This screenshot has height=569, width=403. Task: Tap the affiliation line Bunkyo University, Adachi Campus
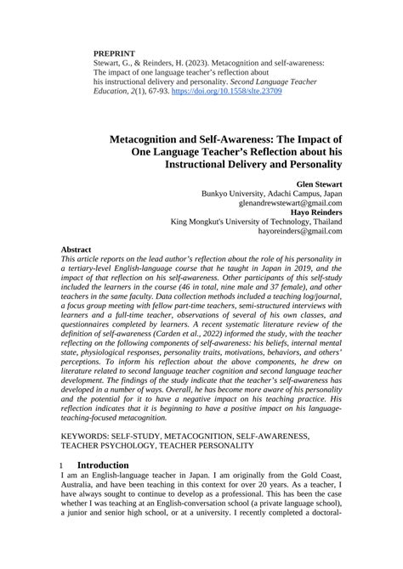[x=272, y=193]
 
